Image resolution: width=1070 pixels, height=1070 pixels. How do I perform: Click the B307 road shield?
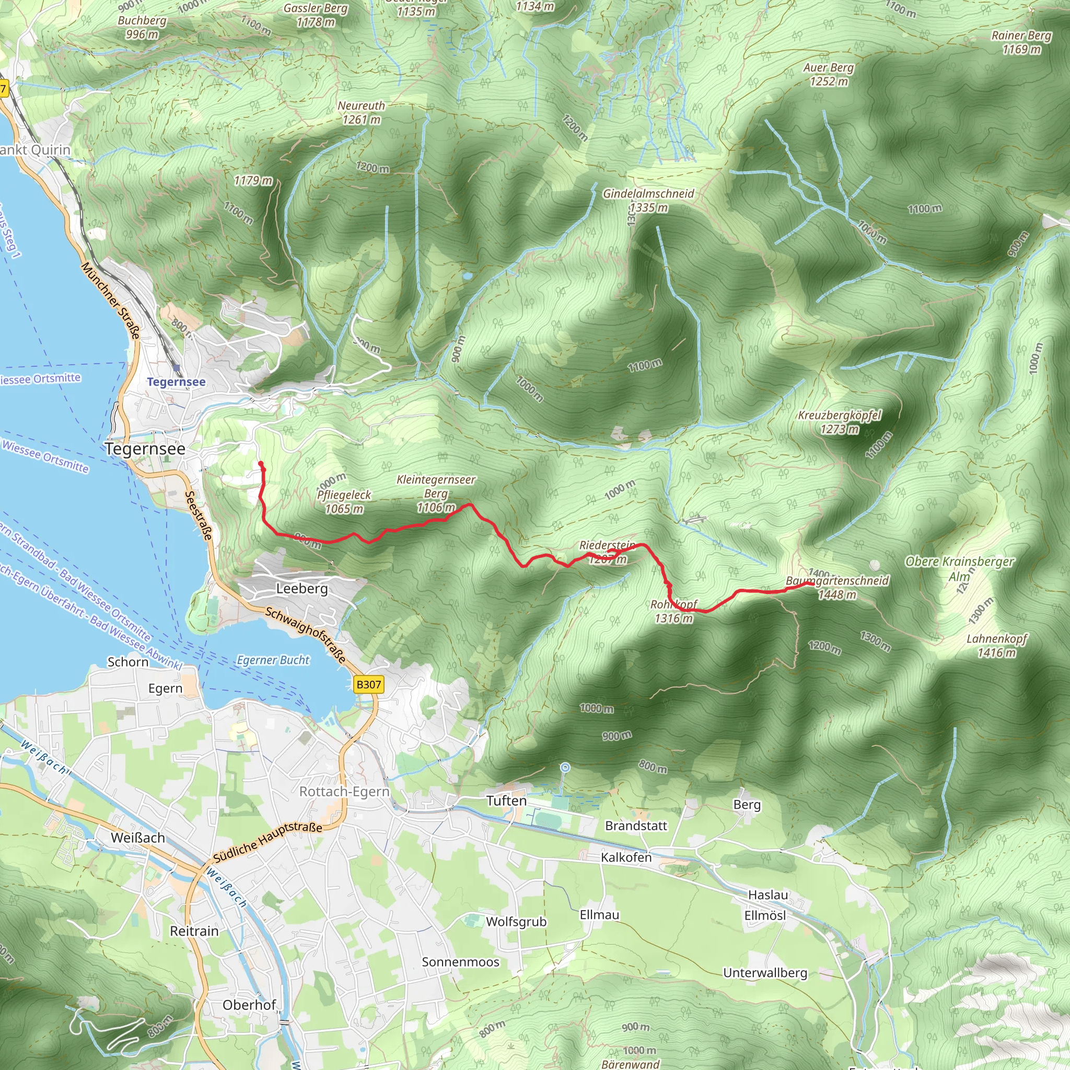tap(368, 684)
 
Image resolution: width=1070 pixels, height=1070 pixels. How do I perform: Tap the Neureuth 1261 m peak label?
tap(361, 112)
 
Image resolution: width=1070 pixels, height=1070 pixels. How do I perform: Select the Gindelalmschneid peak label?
tap(648, 200)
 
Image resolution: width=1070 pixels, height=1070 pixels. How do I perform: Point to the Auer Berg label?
tap(829, 74)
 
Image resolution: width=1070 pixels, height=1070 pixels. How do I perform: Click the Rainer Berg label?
tap(1021, 42)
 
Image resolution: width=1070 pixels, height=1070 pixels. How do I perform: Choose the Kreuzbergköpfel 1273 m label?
tap(839, 422)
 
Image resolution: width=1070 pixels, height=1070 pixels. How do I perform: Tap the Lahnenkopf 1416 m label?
tap(996, 645)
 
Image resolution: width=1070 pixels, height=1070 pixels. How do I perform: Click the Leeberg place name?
tap(302, 589)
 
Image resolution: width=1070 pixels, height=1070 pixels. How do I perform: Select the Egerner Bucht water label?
tap(273, 660)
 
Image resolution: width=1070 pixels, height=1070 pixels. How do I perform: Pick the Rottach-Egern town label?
tap(344, 792)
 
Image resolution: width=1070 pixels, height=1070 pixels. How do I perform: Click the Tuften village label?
tap(506, 801)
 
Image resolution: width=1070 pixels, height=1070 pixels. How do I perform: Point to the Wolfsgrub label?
tap(516, 922)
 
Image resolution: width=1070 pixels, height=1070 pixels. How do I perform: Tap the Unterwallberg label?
tap(765, 972)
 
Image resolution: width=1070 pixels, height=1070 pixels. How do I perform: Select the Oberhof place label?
tap(249, 1005)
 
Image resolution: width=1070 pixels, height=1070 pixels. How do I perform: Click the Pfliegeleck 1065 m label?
tap(344, 502)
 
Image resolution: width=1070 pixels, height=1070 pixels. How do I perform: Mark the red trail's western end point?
tap(261, 464)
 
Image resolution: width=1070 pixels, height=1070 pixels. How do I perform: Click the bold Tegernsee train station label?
tap(176, 381)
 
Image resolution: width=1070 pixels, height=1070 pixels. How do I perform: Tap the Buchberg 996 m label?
tap(142, 27)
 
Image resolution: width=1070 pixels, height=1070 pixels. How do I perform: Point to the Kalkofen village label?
tap(626, 857)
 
